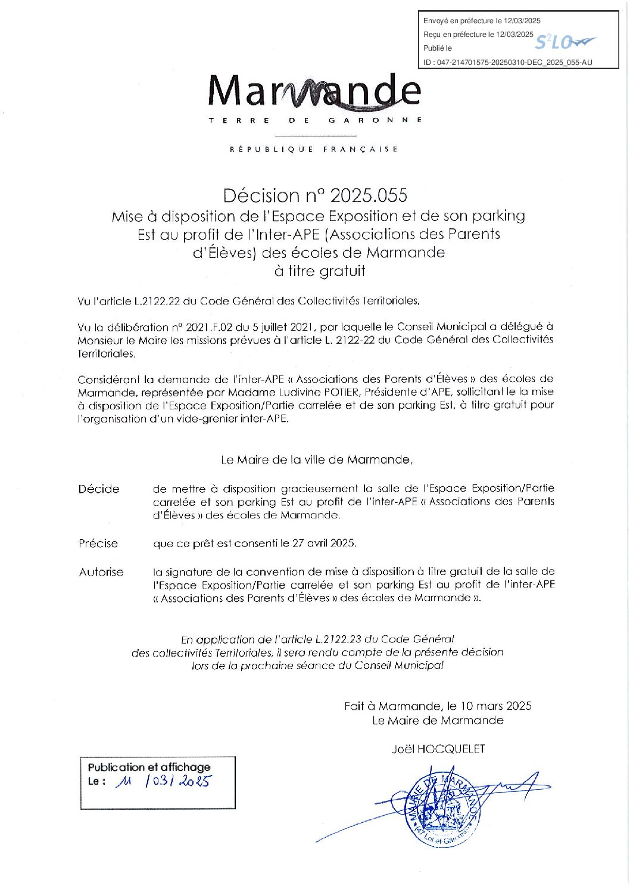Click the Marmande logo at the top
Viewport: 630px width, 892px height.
click(x=315, y=93)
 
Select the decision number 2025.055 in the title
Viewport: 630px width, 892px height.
click(x=369, y=195)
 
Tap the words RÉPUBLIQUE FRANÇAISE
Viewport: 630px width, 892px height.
click(x=314, y=149)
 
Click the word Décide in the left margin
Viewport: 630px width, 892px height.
click(x=99, y=489)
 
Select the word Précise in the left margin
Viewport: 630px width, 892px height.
click(x=98, y=543)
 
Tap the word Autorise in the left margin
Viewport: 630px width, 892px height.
click(x=101, y=572)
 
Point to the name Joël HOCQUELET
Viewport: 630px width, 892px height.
click(x=438, y=749)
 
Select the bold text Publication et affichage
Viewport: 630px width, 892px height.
click(x=149, y=767)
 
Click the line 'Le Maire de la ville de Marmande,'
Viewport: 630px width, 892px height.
click(x=316, y=460)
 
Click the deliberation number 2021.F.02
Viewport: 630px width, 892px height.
click(x=208, y=327)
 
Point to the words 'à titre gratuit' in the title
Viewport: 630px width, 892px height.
click(x=319, y=271)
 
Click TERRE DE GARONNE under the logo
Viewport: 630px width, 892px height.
click(x=315, y=120)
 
